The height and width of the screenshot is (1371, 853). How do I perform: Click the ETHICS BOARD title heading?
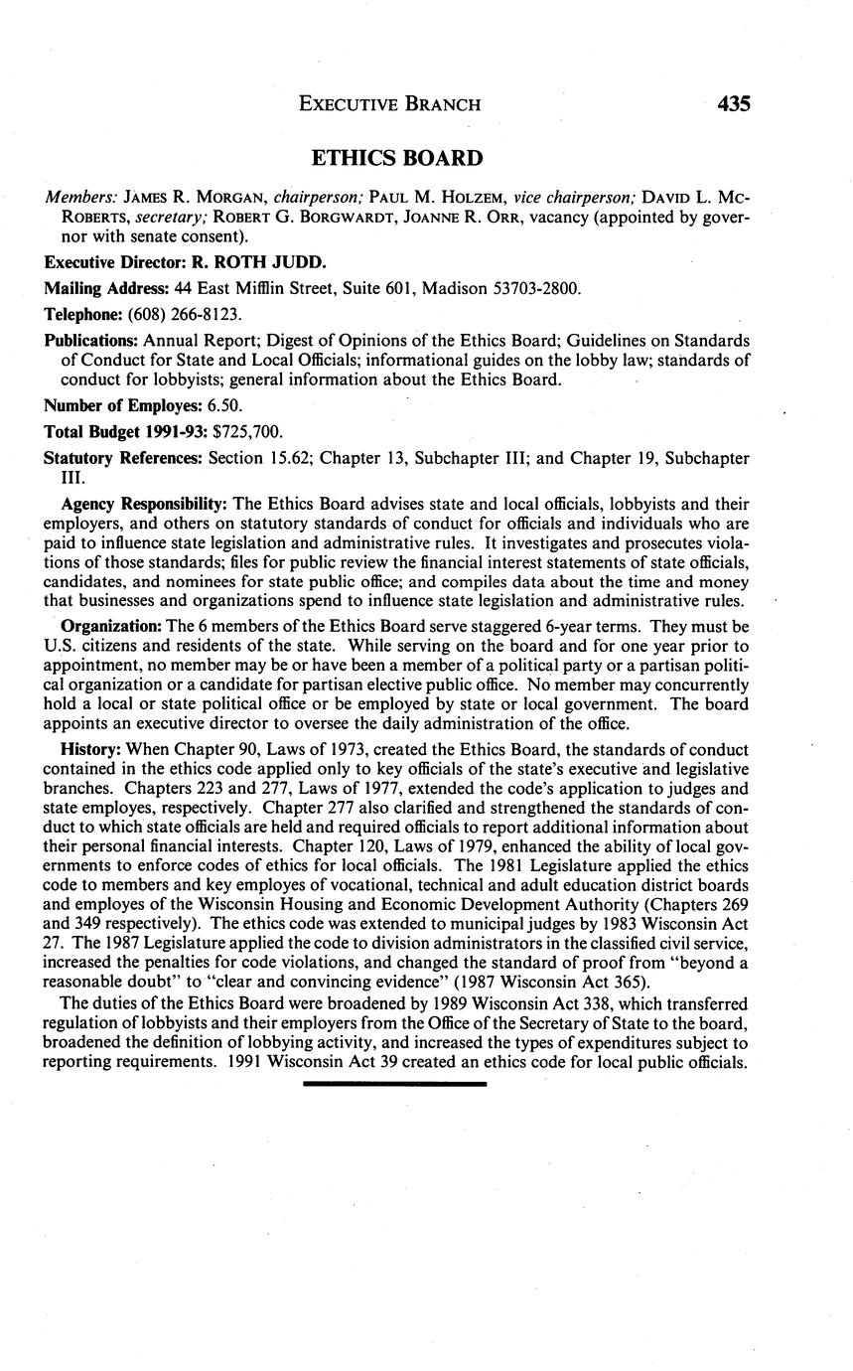pyautogui.click(x=397, y=158)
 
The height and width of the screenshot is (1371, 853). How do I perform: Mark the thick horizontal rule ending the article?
pyautogui.click(x=394, y=1084)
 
